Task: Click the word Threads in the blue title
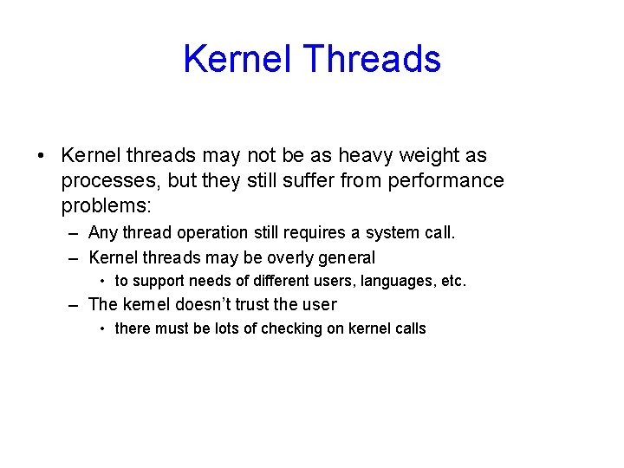tap(373, 59)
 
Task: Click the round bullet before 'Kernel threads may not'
tap(41, 157)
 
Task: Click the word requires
tap(323, 233)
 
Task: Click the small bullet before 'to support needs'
tap(102, 282)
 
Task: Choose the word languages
tap(385, 282)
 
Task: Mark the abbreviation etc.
tap(452, 282)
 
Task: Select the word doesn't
tap(206, 305)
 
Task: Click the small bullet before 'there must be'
tap(102, 329)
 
